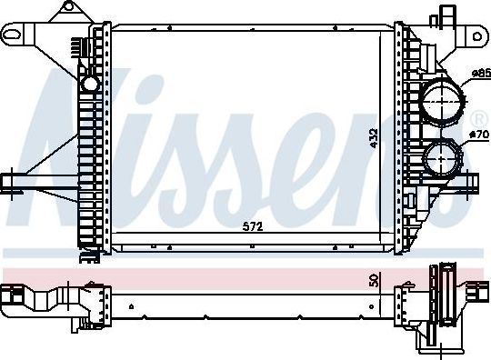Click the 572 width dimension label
pos(253,227)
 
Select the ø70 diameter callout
pos(477,135)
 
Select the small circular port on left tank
pos(90,85)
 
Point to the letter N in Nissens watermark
pos(68,145)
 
